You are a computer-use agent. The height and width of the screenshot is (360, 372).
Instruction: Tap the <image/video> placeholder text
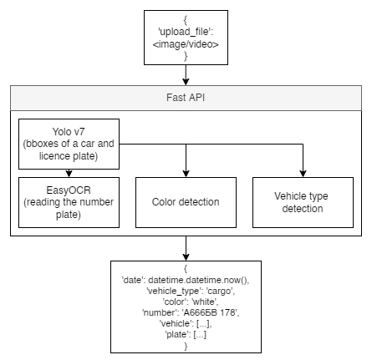[x=186, y=44]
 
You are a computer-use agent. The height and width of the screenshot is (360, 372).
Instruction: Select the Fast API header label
[x=186, y=98]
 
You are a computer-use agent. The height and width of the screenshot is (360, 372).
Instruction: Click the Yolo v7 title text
[x=69, y=131]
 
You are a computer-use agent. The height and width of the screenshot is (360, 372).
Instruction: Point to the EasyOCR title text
[x=69, y=190]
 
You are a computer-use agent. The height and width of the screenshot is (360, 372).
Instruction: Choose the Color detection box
[x=186, y=202]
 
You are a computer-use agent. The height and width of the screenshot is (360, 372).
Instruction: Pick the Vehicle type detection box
[x=303, y=202]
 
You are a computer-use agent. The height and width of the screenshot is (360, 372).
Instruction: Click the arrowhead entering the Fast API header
[x=186, y=82]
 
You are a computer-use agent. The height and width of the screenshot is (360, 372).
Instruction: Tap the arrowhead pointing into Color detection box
[x=186, y=174]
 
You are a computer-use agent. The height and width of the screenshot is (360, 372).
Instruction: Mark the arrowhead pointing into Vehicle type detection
[x=303, y=174]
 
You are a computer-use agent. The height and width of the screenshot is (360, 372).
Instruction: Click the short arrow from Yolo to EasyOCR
[x=69, y=173]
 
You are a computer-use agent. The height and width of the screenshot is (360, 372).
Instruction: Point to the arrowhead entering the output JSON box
[x=186, y=257]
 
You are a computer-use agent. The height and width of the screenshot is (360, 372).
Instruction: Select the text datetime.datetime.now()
[x=199, y=280]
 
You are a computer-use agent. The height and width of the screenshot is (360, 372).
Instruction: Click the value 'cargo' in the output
[x=221, y=291]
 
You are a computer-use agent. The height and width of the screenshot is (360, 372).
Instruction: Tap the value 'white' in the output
[x=205, y=302]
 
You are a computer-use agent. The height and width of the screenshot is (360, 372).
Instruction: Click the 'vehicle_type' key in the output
[x=174, y=291]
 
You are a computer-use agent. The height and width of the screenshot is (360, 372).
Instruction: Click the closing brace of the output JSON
[x=186, y=346]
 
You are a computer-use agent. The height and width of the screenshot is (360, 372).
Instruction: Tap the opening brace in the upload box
[x=186, y=20]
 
